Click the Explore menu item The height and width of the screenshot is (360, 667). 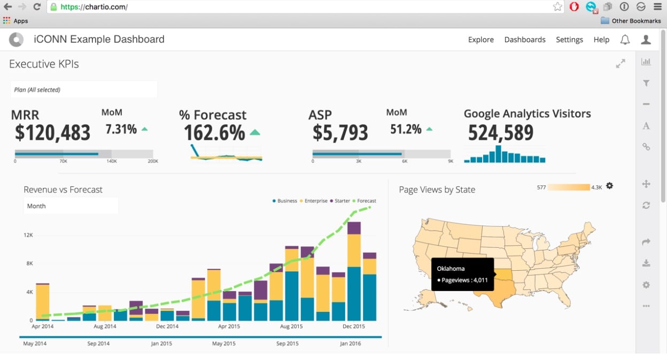point(480,40)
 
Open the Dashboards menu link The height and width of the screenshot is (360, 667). point(525,40)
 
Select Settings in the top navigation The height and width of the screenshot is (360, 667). point(569,40)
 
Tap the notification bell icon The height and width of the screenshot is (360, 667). point(624,40)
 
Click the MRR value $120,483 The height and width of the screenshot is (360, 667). point(52,132)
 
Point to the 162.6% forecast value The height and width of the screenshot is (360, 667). point(214,132)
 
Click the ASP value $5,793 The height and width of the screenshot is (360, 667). point(340,132)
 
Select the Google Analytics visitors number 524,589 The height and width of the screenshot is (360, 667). point(501,132)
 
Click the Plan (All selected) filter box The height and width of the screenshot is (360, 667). point(83,90)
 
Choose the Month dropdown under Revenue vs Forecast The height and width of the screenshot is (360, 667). point(71,206)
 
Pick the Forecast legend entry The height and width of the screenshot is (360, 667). point(364,201)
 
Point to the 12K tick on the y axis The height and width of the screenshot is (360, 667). point(28,235)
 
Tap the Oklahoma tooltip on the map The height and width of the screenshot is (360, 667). point(463,274)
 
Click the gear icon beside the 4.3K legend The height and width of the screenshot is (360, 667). point(610,186)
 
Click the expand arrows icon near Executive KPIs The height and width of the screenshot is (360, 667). point(621,64)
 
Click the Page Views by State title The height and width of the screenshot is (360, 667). point(437,190)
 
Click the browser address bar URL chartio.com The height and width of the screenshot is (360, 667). point(94,7)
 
